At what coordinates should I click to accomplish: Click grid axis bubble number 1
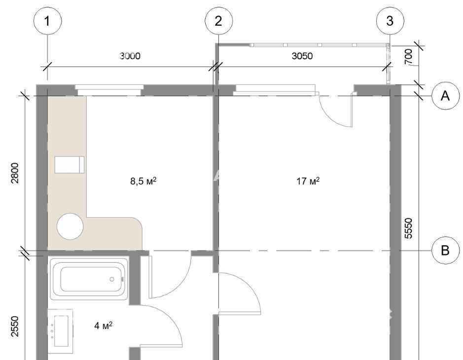coord(47,21)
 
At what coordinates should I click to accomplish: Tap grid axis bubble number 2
coord(218,21)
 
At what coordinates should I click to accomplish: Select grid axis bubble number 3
coord(390,21)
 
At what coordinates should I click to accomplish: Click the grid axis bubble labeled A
coord(445,96)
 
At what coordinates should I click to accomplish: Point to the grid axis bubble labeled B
coord(445,251)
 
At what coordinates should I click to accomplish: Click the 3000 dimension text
coord(130,56)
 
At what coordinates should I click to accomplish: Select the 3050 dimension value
coord(302,56)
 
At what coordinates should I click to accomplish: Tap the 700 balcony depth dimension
coord(408,57)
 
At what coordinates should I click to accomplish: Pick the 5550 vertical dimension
coord(408,228)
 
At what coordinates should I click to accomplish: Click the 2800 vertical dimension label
coord(15,173)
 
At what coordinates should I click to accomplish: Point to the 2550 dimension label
coord(15,326)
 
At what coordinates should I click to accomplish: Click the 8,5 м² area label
coord(143,180)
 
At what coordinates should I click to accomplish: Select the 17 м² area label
coord(308,180)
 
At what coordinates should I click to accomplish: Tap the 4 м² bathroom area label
coord(103,326)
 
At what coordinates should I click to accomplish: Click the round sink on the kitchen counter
coord(70,226)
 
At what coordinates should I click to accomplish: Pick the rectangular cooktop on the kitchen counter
coord(70,165)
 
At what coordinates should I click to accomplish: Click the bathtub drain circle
coord(112,279)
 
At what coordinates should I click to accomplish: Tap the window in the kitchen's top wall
coord(109,90)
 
